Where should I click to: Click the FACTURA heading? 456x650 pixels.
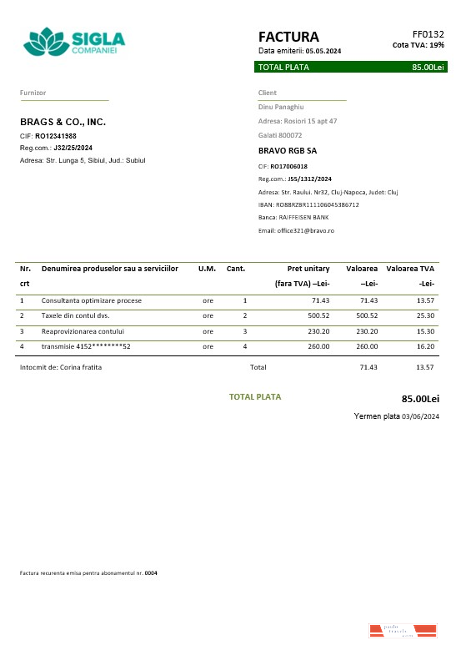288,37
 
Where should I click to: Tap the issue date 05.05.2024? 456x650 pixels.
323,52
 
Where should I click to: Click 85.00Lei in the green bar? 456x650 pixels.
428,67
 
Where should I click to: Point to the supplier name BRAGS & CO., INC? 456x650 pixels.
63,122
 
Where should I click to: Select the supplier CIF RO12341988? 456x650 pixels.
55,135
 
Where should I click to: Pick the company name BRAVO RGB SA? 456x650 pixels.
288,151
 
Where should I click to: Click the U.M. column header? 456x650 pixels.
207,269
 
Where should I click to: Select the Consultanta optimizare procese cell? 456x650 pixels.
92,300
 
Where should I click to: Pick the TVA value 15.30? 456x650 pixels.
425,331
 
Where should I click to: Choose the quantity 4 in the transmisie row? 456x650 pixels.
245,346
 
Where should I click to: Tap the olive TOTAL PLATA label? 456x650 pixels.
255,397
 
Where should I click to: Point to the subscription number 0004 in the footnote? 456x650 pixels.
151,573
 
